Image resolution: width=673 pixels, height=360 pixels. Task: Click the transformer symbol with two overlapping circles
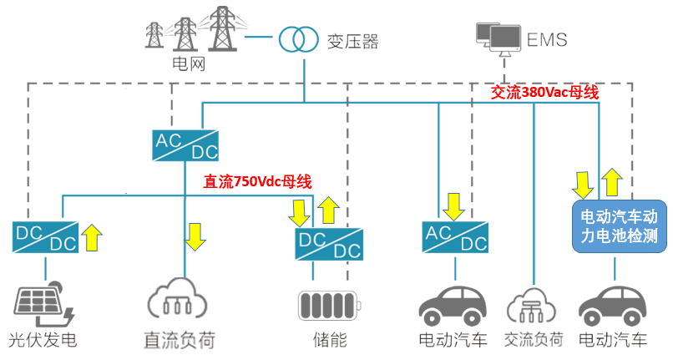pos(299,38)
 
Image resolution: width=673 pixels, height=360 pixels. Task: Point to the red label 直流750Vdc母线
pos(257,180)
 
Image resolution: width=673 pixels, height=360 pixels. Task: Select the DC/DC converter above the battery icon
pos(329,243)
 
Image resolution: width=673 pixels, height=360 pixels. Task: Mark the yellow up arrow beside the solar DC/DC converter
pos(92,236)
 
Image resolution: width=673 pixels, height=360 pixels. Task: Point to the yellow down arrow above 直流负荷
pos(195,236)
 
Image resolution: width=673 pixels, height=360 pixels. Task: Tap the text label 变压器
pos(352,39)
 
